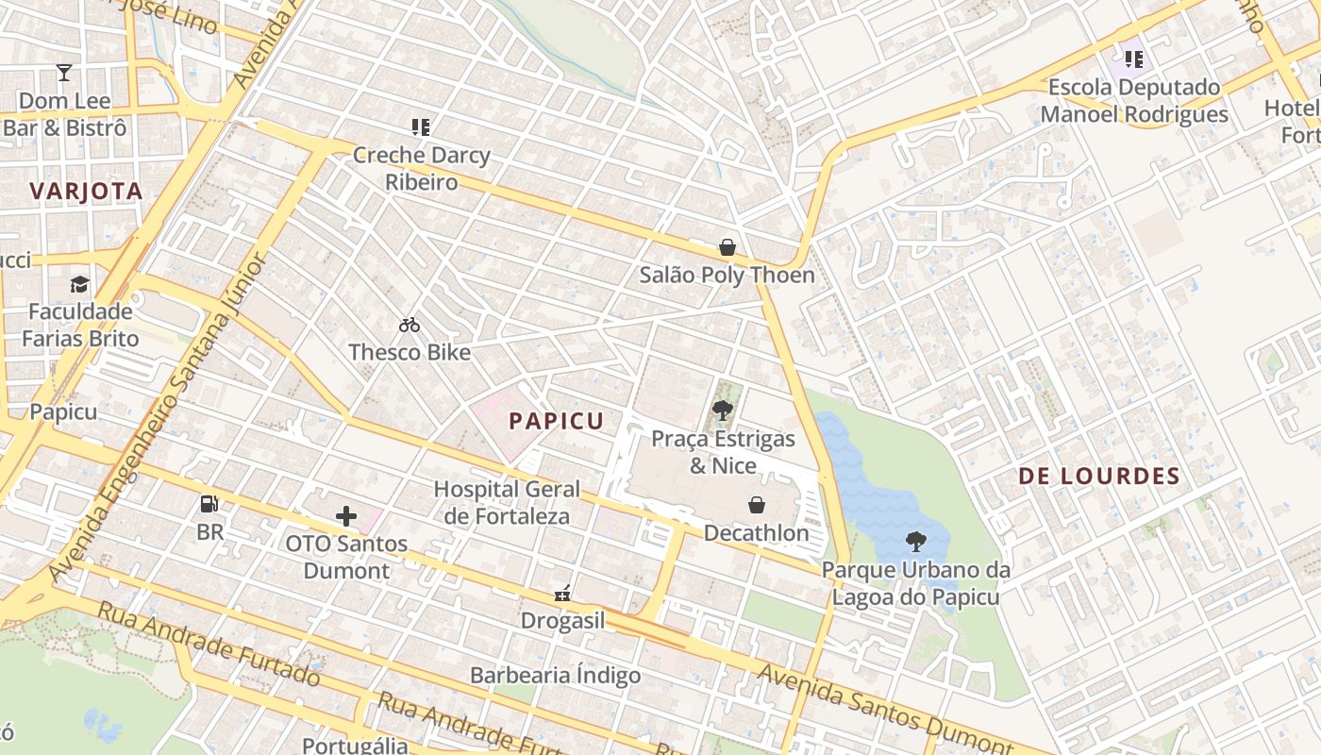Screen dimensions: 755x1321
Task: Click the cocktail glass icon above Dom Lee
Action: click(x=63, y=73)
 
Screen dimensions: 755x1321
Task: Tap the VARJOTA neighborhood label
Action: click(x=86, y=192)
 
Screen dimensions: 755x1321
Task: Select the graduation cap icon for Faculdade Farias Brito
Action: click(x=80, y=284)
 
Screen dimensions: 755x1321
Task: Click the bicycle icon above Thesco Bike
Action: click(x=409, y=326)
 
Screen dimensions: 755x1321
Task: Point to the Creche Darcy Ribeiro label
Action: click(x=421, y=168)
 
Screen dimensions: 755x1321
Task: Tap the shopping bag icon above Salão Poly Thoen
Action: click(x=727, y=248)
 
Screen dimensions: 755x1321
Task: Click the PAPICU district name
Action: click(x=557, y=421)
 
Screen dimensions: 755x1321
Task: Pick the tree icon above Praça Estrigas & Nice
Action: click(x=723, y=411)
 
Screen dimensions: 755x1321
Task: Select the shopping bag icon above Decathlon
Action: click(x=757, y=505)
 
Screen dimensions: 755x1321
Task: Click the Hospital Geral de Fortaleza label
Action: click(x=507, y=502)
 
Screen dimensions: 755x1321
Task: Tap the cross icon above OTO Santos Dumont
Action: click(x=346, y=516)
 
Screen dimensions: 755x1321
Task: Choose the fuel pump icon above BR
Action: click(x=209, y=504)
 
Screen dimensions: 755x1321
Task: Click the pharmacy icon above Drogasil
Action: click(x=562, y=594)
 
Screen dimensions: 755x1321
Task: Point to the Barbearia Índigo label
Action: click(x=555, y=676)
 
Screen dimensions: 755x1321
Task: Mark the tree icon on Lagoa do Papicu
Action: click(x=914, y=542)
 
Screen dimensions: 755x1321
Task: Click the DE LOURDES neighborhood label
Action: click(x=1099, y=477)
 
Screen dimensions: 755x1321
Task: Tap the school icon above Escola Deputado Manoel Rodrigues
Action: click(x=1133, y=59)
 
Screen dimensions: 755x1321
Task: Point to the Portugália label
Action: click(x=355, y=746)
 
